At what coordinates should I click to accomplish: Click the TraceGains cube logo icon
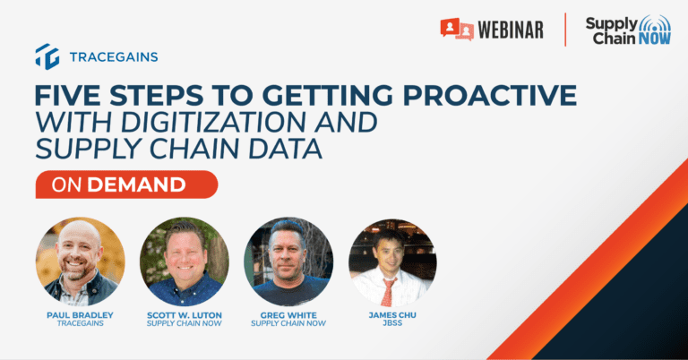(47, 56)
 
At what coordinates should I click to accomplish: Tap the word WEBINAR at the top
(511, 30)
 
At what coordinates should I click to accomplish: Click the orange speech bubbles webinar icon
(457, 30)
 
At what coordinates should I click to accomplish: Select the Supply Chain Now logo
(628, 30)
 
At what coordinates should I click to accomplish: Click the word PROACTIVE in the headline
(490, 96)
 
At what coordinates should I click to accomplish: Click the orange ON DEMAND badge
(127, 184)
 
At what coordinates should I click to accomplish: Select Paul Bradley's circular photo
(81, 261)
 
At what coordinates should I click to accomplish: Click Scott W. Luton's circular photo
(185, 261)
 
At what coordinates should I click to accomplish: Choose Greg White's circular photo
(288, 261)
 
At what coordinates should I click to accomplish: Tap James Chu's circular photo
(392, 262)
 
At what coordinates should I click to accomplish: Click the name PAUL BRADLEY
(81, 315)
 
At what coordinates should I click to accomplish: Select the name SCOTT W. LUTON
(185, 315)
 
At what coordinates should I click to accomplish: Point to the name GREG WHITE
(288, 315)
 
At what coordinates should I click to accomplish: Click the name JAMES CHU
(392, 315)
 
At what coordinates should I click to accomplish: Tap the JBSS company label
(392, 323)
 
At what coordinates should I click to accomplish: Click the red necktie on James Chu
(388, 291)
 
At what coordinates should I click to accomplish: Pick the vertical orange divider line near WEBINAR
(565, 30)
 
